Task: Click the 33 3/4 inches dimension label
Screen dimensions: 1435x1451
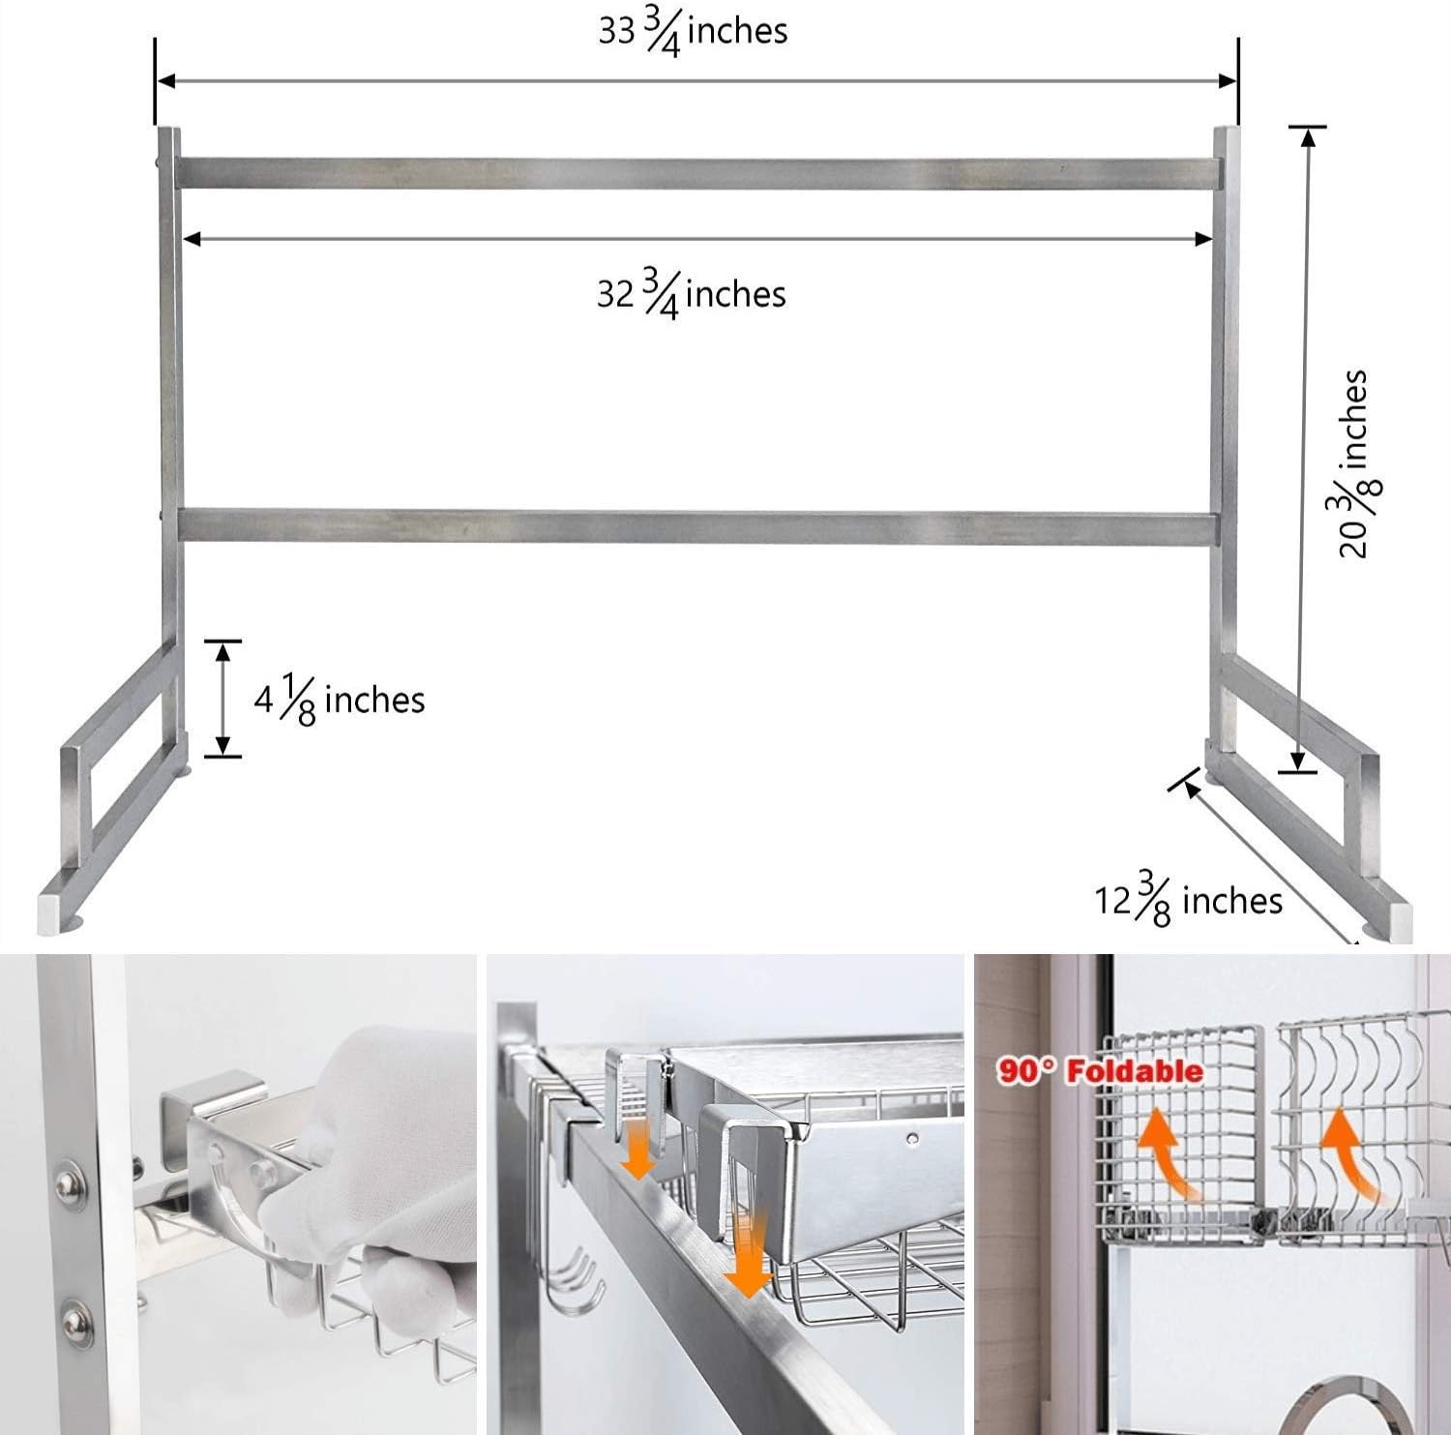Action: coord(693,33)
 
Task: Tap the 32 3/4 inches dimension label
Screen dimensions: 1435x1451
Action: coord(691,294)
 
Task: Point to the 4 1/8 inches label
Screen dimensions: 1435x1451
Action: coord(340,701)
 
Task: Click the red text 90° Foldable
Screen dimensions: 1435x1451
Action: coord(1100,1071)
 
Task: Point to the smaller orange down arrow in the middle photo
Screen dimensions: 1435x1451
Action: coord(638,1148)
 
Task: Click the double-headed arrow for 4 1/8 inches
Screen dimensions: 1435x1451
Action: coord(223,699)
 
